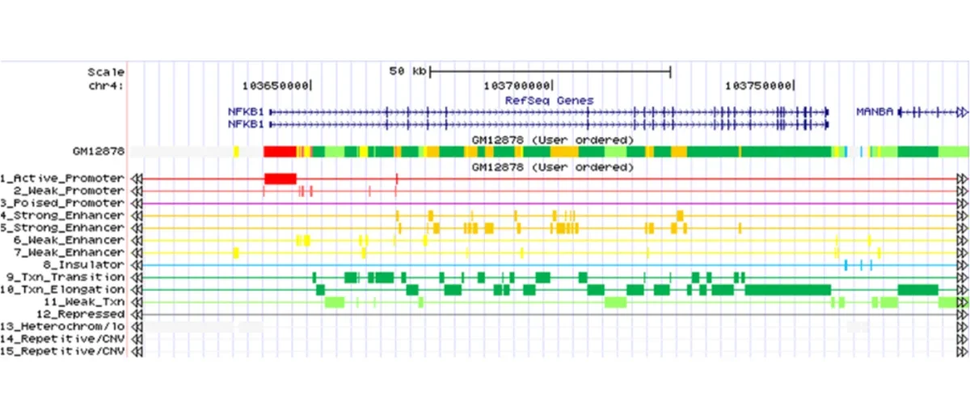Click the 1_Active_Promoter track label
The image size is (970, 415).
[62, 178]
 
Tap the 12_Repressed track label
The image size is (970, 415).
[80, 313]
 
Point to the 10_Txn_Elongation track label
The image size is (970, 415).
[62, 289]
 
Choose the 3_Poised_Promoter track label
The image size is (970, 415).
[62, 203]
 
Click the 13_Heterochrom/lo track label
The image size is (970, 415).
[62, 326]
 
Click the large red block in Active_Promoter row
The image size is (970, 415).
[280, 178]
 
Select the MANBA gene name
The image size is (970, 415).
[875, 112]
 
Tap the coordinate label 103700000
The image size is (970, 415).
[517, 85]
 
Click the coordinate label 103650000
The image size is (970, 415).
[276, 85]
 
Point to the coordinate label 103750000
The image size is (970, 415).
[758, 85]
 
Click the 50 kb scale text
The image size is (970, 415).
[407, 71]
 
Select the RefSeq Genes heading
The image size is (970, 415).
[549, 100]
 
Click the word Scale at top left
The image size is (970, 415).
[106, 71]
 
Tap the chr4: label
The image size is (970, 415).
[108, 85]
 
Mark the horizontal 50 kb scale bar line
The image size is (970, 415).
[550, 71]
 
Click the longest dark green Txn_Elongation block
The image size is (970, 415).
[787, 289]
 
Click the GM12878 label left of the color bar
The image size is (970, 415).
[98, 151]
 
